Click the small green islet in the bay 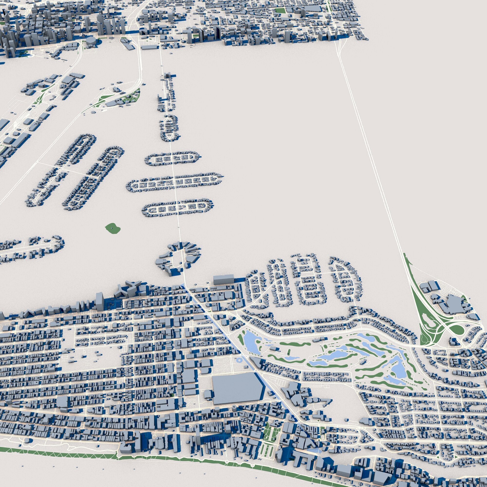point(112,228)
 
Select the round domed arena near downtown point(91,41)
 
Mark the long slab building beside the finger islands point(224,280)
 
